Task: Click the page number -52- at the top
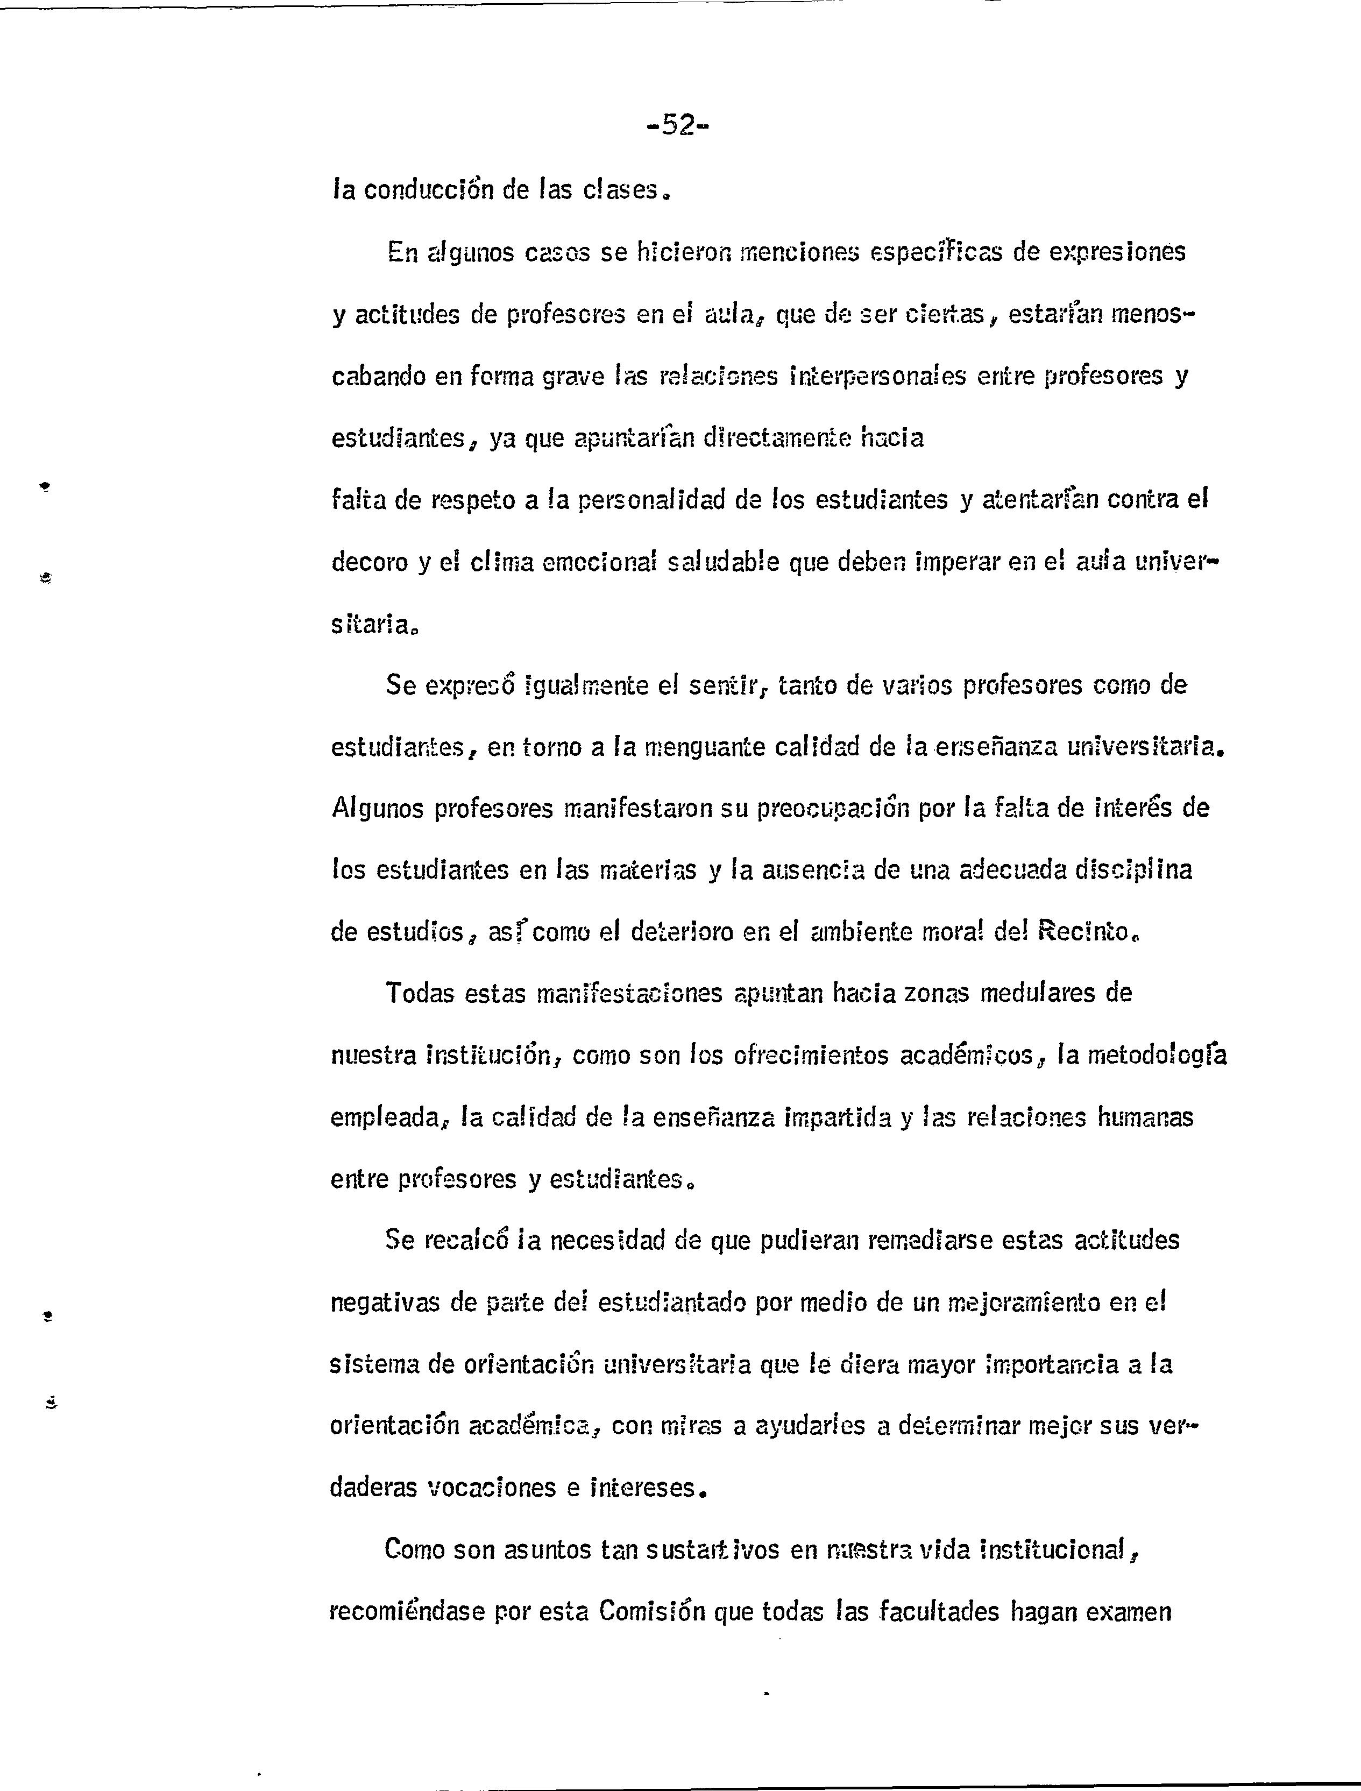(x=678, y=125)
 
